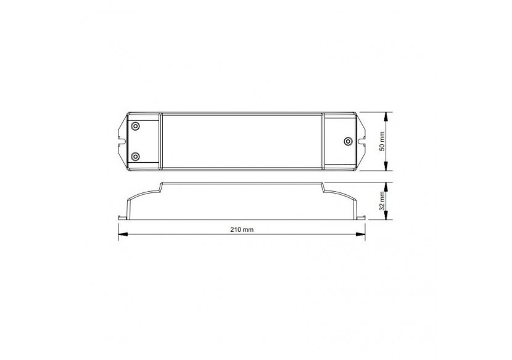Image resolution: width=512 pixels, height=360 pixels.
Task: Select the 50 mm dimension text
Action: click(x=382, y=141)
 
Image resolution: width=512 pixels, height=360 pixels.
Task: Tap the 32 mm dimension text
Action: click(x=382, y=200)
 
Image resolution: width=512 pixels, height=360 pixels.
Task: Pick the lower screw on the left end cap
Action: click(x=135, y=155)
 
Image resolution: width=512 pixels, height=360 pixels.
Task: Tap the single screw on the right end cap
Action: click(x=347, y=141)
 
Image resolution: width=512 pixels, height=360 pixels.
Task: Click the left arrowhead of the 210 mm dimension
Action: click(x=122, y=234)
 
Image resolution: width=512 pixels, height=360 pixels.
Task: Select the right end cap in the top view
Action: click(x=339, y=141)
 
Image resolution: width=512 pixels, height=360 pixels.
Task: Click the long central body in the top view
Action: click(x=242, y=141)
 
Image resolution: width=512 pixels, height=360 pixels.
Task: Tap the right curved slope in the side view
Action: click(x=341, y=195)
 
